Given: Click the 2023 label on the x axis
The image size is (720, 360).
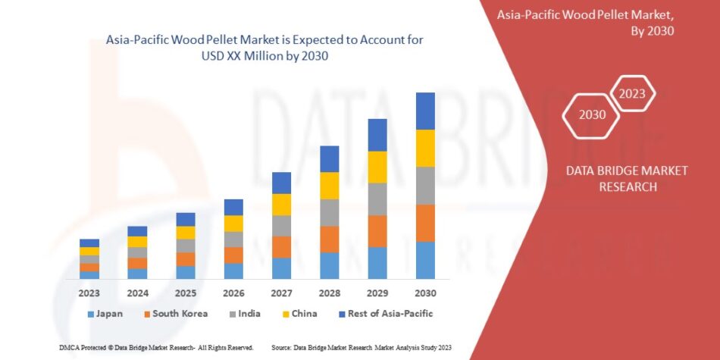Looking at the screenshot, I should point(89,293).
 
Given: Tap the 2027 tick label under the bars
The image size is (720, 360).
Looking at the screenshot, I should point(281,293).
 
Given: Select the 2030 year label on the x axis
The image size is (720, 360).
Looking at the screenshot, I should point(425,293).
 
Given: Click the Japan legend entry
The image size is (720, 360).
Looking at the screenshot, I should point(105,313).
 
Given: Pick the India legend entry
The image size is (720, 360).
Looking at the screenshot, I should point(243,313).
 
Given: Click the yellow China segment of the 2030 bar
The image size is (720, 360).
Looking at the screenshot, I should point(425,148).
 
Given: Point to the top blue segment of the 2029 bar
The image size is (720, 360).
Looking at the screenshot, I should point(377,135).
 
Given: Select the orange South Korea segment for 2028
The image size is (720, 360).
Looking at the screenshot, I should point(329,239).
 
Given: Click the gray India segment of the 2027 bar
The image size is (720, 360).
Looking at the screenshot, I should point(281,226).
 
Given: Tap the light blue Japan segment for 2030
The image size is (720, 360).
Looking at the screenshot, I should point(425,260).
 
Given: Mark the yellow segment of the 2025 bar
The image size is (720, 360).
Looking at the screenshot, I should point(186,233).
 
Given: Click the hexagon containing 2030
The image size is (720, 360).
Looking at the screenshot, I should point(593,115).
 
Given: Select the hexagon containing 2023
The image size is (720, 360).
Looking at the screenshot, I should point(632,94).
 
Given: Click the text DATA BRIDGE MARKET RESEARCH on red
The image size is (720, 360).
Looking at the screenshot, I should point(627,178).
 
